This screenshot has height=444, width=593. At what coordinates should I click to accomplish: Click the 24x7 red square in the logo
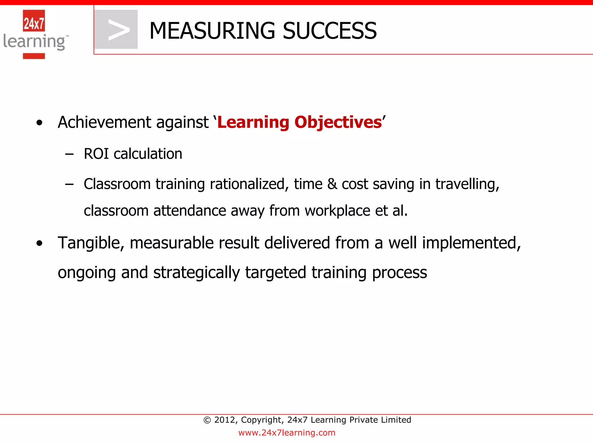click(x=34, y=21)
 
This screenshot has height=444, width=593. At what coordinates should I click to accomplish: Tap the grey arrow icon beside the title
click(x=116, y=29)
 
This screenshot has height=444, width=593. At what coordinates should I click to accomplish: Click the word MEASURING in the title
click(x=212, y=31)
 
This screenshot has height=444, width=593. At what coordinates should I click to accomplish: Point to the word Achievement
click(x=105, y=122)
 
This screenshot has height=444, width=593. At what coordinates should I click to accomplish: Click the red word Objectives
click(x=338, y=122)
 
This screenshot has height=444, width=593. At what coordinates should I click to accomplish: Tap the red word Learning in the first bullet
click(x=253, y=122)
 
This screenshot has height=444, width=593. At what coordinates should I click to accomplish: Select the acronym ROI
click(x=96, y=154)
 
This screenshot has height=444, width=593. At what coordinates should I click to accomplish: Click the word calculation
click(x=148, y=154)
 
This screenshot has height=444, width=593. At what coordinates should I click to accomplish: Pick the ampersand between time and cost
click(x=332, y=184)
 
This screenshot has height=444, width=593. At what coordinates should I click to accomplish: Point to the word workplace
click(x=337, y=211)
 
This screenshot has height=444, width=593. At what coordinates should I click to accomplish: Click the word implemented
click(x=471, y=243)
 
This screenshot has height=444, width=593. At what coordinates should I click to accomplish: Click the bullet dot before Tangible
click(x=39, y=243)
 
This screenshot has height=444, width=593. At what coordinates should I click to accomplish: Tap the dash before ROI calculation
click(x=69, y=154)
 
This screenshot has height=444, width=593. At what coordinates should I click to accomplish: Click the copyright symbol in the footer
click(x=207, y=420)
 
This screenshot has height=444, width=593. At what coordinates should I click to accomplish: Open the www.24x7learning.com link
click(x=287, y=433)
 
